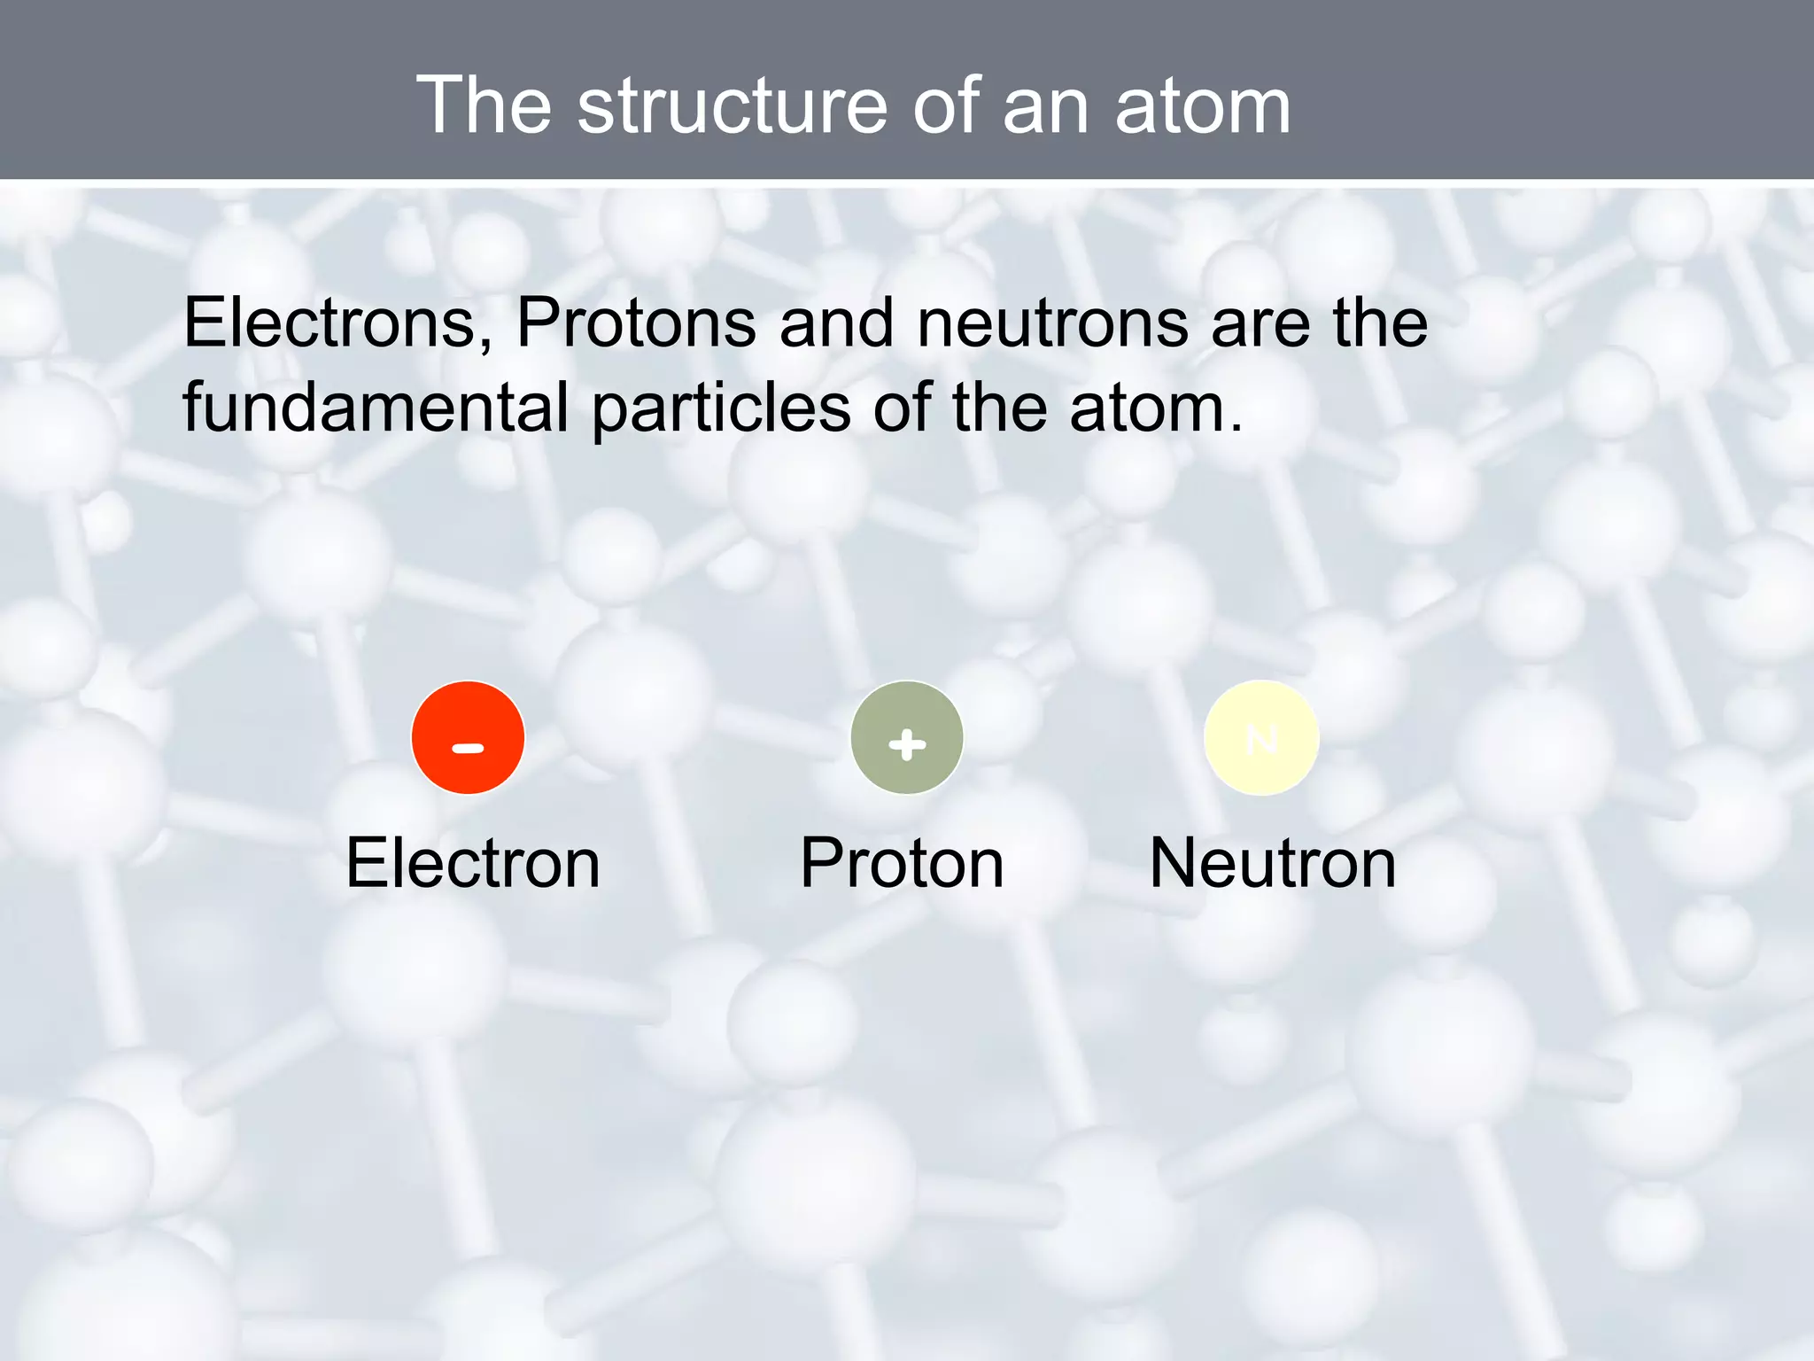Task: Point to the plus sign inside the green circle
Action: pos(907,744)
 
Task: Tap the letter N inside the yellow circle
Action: pos(1261,739)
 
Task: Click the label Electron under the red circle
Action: pos(473,863)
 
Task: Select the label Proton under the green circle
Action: pos(902,863)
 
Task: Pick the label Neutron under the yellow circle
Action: pos(1272,863)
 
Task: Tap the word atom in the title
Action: pos(1202,106)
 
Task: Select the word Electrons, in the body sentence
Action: pos(337,323)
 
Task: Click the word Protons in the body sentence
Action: pos(635,323)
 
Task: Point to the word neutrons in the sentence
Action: pos(1052,324)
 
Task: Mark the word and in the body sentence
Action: pos(836,323)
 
